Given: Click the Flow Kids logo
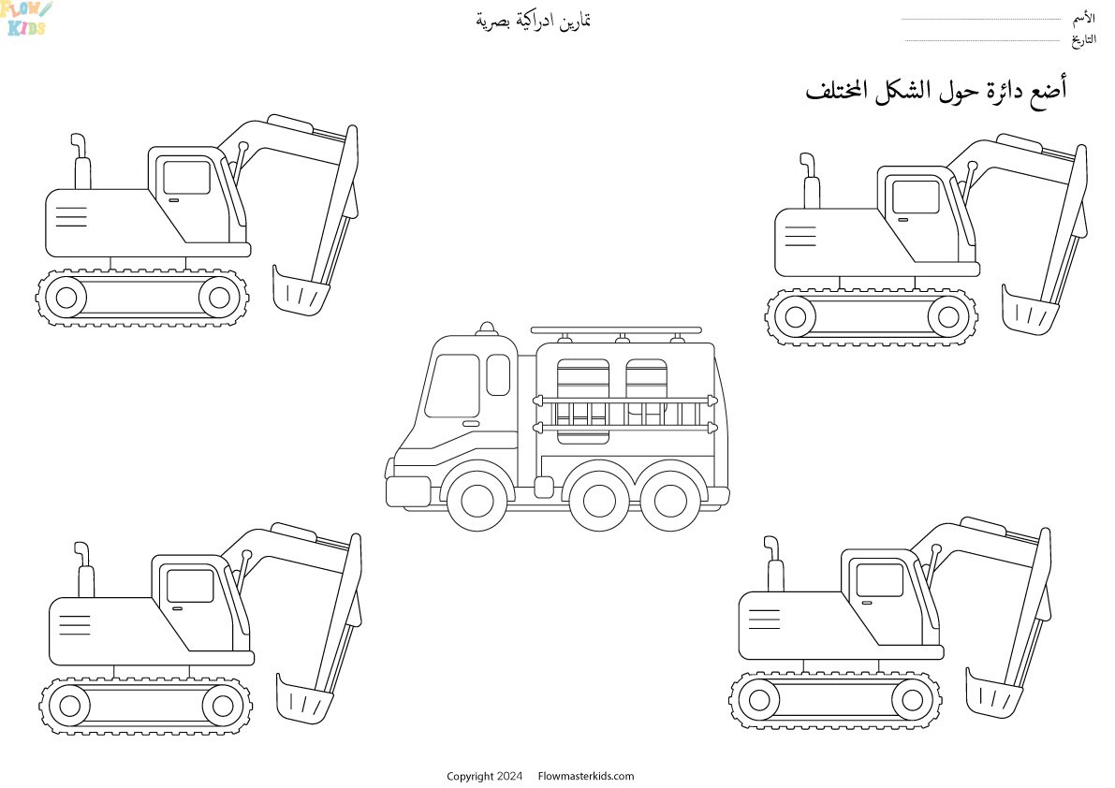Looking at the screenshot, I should tap(26, 17).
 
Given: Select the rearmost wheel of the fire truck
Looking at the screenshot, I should tap(668, 501).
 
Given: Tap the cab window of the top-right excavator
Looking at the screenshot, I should tap(915, 197).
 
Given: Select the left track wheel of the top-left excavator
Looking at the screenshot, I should tap(66, 298).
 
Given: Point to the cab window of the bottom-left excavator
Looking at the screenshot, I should tap(189, 587).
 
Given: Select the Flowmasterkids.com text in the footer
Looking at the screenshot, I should tap(586, 776).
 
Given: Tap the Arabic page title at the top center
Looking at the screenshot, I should tap(534, 20).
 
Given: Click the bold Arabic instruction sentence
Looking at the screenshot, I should tap(936, 90).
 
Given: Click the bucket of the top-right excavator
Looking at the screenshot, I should tap(1028, 307).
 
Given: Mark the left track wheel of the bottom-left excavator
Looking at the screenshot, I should tap(69, 702).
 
